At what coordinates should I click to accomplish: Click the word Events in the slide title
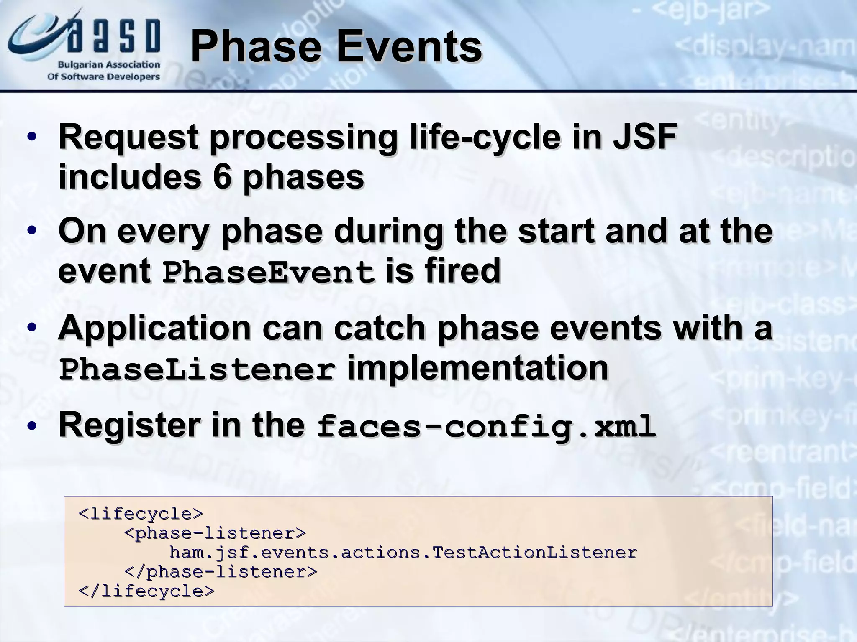[408, 47]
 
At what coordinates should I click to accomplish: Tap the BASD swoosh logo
[84, 35]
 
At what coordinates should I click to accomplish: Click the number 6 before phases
[222, 177]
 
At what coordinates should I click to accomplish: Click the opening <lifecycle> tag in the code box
[141, 514]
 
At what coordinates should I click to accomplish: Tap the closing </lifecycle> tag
[146, 591]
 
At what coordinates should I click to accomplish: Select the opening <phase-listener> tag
[215, 533]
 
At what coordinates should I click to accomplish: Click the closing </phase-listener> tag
[221, 572]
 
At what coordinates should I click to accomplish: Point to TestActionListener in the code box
[535, 553]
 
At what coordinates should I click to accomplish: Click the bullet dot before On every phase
[32, 231]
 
